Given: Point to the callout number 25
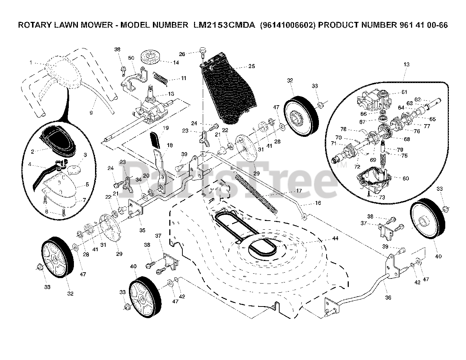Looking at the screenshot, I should coord(252,66).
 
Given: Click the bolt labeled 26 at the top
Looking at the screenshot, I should coord(202,51).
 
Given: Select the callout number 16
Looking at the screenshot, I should coord(318,203).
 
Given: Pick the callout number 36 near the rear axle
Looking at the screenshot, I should coord(388,297).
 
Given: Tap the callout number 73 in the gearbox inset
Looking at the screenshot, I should coord(382,197).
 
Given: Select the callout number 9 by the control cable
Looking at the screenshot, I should coord(91,113).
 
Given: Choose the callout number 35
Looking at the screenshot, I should coord(142,230).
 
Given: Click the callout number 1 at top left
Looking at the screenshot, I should coord(31,63).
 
